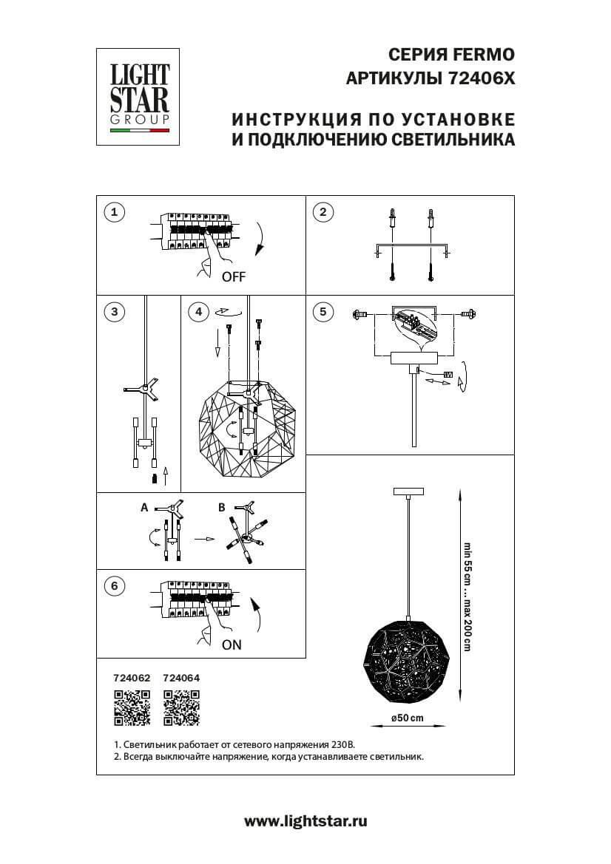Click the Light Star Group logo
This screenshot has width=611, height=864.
[140, 96]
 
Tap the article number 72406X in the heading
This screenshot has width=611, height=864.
[481, 77]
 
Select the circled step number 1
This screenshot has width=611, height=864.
[113, 213]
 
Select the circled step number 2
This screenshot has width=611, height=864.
[323, 213]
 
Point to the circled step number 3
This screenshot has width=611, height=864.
[113, 311]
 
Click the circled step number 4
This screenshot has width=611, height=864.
[198, 312]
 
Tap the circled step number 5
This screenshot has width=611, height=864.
[323, 311]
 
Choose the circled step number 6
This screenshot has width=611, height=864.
[113, 587]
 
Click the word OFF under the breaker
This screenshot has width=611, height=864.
[233, 278]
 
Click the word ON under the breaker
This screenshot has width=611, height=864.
[232, 644]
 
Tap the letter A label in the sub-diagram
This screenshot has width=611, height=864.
[144, 508]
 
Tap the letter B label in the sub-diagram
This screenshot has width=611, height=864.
[221, 508]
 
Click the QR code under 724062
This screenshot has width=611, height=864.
[132, 707]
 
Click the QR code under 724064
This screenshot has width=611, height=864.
[181, 707]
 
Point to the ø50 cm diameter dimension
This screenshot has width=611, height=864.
[408, 718]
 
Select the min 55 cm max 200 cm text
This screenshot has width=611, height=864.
[467, 596]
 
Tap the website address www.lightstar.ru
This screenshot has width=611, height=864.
[305, 820]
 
